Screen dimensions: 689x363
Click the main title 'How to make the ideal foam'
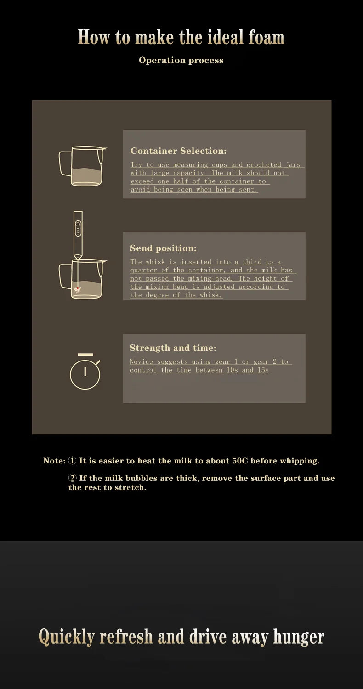coord(181,37)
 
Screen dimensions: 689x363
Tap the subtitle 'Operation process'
coord(181,60)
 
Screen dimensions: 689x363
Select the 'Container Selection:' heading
coord(178,151)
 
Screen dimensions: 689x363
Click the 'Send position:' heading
coord(163,248)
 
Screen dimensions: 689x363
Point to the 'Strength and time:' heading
coord(173,348)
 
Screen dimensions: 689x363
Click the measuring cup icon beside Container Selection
coord(83,166)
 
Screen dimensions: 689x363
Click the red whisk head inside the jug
coord(77,289)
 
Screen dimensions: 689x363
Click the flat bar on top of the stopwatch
coord(85,355)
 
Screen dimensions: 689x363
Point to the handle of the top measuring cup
coord(64,163)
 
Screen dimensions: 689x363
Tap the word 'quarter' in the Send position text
coord(143,270)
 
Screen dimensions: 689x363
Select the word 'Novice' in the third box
coord(142,361)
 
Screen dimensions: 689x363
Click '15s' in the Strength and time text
coord(263,370)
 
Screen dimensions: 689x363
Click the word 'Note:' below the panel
coord(54,461)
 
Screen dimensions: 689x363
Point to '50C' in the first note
coord(240,461)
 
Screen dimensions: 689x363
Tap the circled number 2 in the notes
coord(73,478)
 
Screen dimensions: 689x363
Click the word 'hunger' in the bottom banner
coord(299,637)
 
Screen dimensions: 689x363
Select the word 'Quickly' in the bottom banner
coord(67,637)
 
